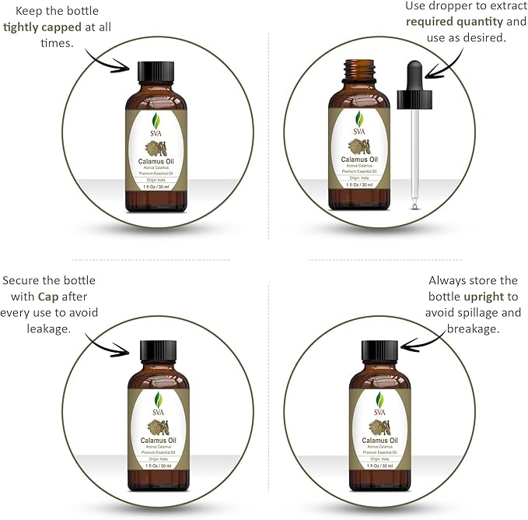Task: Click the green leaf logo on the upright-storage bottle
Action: (380, 399)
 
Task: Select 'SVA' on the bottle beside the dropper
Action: (358, 132)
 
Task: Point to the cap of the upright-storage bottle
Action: (380, 351)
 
